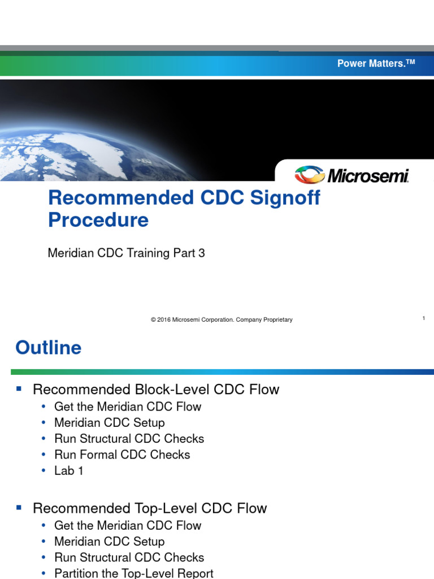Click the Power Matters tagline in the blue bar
click(376, 63)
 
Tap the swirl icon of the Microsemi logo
click(309, 175)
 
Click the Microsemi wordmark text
click(368, 176)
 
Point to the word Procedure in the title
click(98, 220)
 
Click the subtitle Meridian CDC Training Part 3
click(127, 253)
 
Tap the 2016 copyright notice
click(222, 320)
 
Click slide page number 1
click(423, 319)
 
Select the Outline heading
click(49, 348)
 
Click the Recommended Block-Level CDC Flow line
click(156, 390)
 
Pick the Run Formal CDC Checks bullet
click(122, 455)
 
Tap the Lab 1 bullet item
click(69, 470)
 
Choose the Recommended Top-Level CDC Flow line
click(150, 508)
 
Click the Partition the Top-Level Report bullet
click(134, 573)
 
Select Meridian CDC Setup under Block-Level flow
click(110, 422)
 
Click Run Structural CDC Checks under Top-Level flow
click(129, 557)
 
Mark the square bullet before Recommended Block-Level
click(19, 389)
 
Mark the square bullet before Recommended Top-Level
click(19, 508)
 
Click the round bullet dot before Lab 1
click(44, 471)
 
